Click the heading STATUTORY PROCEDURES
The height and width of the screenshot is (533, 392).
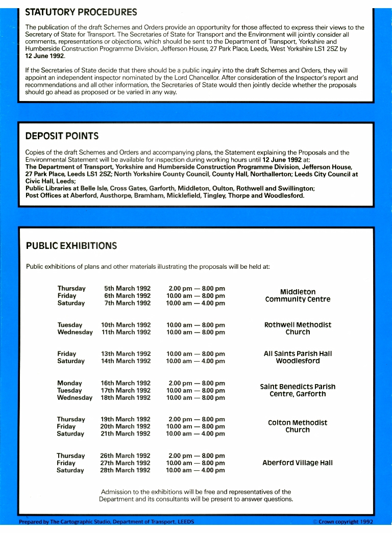tap(81, 12)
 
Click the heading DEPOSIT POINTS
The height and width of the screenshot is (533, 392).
tap(62, 136)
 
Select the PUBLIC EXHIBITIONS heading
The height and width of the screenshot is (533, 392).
tap(71, 246)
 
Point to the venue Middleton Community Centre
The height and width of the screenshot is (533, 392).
tap(298, 296)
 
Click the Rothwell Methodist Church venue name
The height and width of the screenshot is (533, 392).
tap(298, 328)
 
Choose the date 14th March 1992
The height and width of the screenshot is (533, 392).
tap(126, 361)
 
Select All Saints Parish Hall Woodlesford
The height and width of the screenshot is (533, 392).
tap(298, 357)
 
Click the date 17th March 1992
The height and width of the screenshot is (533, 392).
tap(126, 390)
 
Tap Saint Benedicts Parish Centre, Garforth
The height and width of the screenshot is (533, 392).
tap(298, 390)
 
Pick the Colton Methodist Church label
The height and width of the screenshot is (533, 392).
tap(298, 426)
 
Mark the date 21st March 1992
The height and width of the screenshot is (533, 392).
tap(126, 434)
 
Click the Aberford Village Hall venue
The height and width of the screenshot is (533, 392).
tap(298, 463)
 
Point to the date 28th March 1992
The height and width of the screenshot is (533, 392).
tap(126, 470)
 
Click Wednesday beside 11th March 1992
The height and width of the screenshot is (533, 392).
tap(75, 332)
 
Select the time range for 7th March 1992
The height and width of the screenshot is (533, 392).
tap(195, 303)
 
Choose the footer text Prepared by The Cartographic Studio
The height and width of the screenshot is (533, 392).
tap(106, 522)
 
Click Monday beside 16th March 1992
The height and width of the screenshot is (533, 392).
tap(69, 383)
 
